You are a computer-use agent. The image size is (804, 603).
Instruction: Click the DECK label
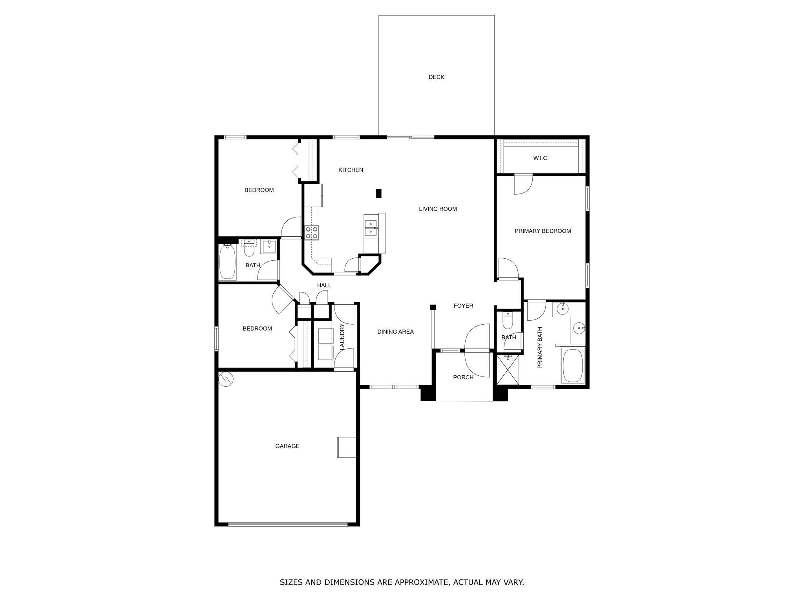pyautogui.click(x=436, y=77)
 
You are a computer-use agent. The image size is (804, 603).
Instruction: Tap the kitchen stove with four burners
pyautogui.click(x=312, y=232)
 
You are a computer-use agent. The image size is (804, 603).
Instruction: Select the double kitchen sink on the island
pyautogui.click(x=370, y=228)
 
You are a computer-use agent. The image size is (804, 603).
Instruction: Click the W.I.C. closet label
pyautogui.click(x=541, y=158)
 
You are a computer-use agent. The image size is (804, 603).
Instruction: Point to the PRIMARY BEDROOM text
pyautogui.click(x=543, y=231)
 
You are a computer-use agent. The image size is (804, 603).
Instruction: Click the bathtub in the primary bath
pyautogui.click(x=573, y=365)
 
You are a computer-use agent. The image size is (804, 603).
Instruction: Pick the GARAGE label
pyautogui.click(x=287, y=446)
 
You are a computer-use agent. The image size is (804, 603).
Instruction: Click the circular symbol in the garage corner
pyautogui.click(x=226, y=379)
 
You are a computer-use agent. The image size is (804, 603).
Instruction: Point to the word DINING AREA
pyautogui.click(x=395, y=332)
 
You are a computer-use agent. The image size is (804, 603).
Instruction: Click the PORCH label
pyautogui.click(x=463, y=378)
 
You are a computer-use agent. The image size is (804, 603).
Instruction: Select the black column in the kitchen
pyautogui.click(x=378, y=194)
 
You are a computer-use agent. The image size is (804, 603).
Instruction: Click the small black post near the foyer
pyautogui.click(x=433, y=307)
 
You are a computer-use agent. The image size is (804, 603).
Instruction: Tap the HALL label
pyautogui.click(x=324, y=285)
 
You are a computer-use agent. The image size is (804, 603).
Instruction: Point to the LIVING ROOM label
pyautogui.click(x=438, y=209)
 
